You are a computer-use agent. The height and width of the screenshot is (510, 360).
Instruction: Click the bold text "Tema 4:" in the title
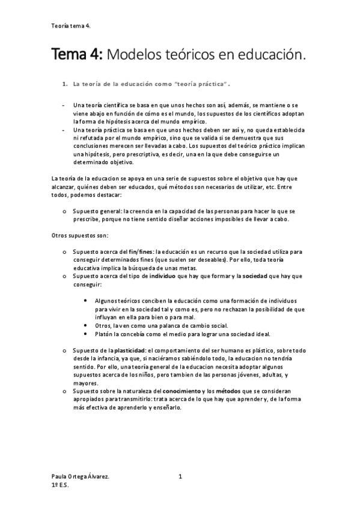coord(75,55)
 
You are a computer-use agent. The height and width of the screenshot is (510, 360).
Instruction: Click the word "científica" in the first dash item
coord(115,105)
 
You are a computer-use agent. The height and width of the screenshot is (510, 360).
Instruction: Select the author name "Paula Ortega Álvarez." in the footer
coord(81,477)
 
